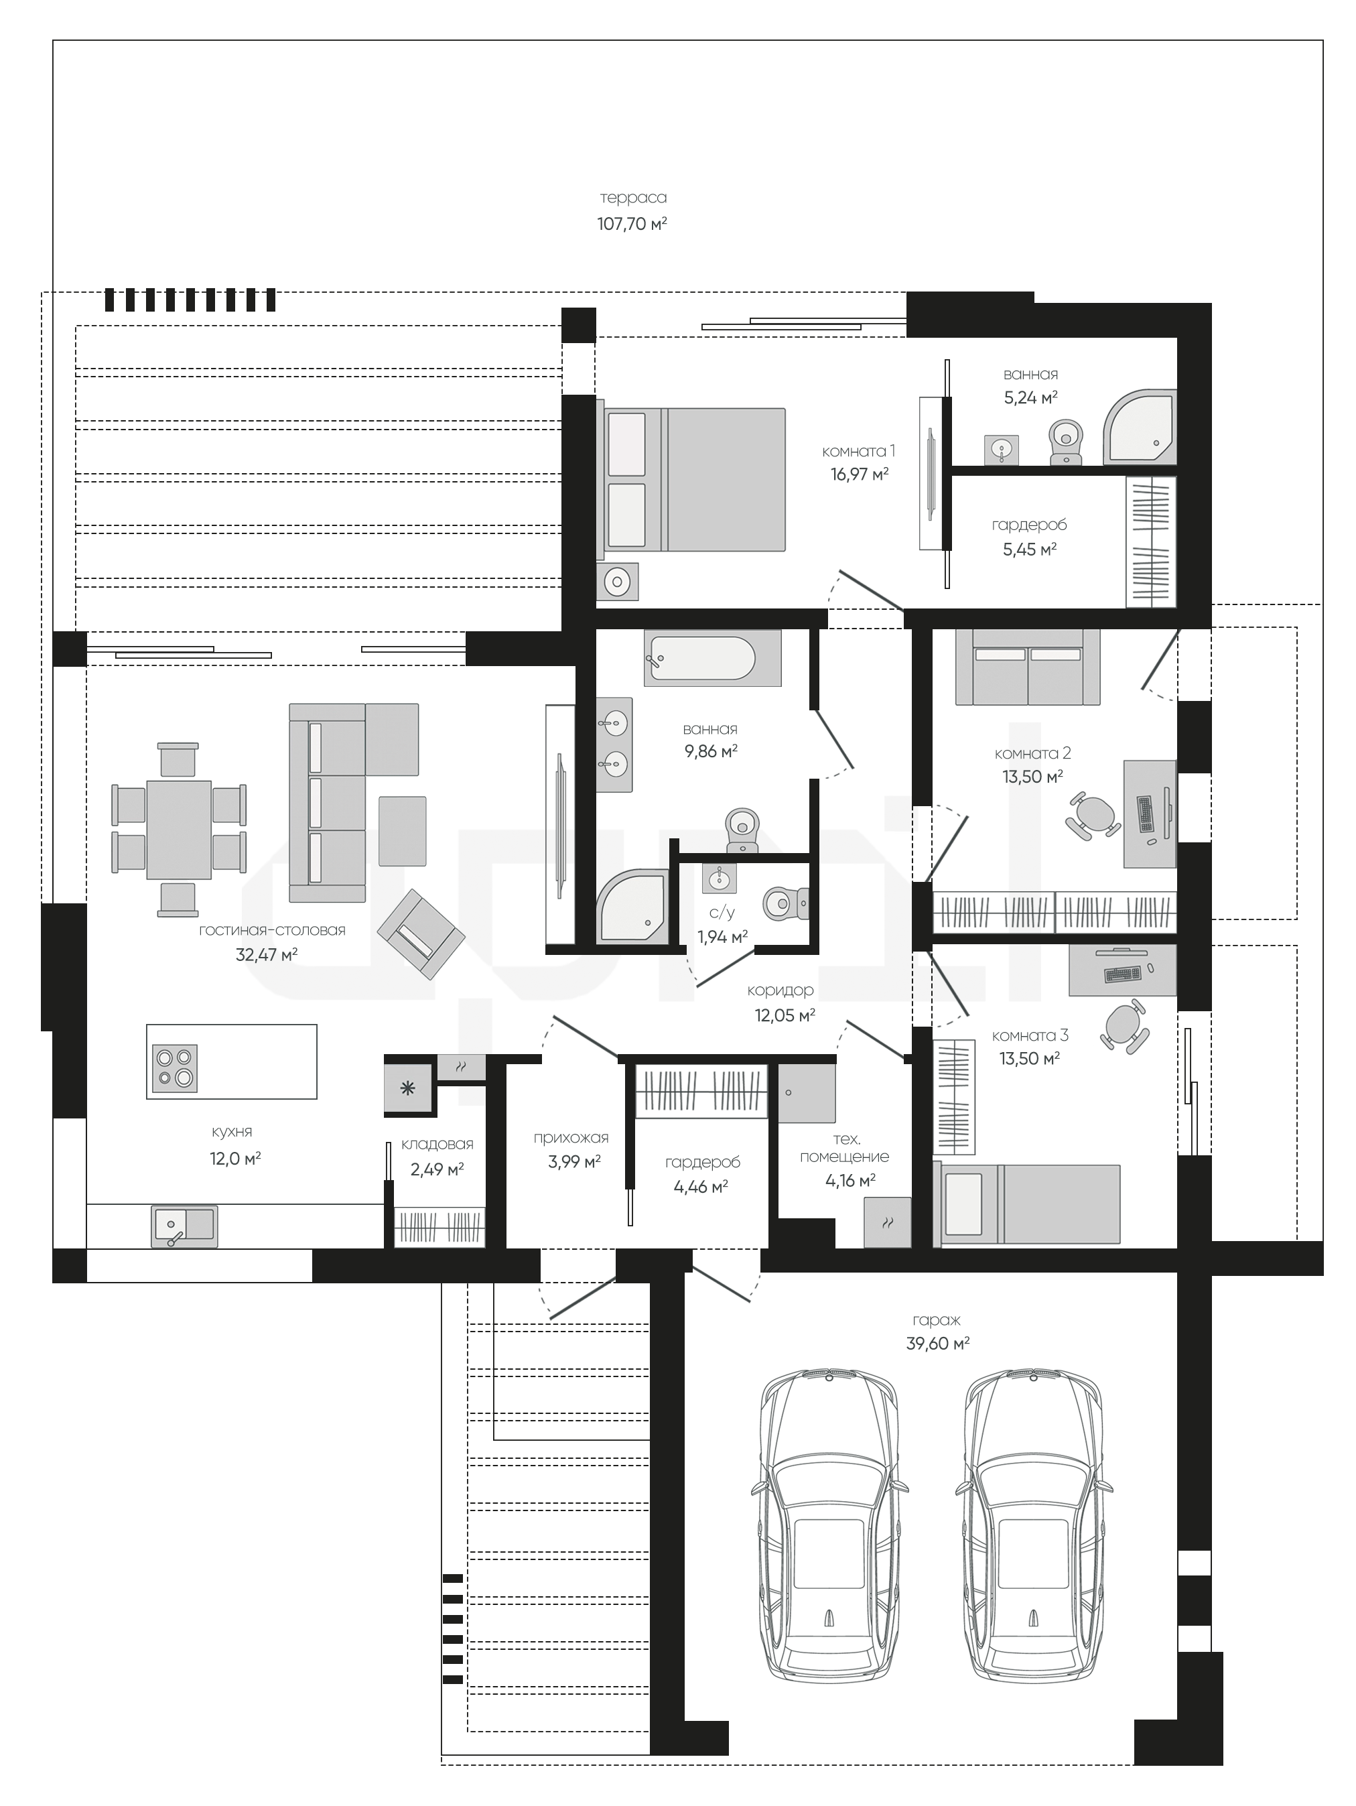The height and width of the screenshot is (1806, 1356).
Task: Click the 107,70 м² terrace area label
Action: click(x=632, y=223)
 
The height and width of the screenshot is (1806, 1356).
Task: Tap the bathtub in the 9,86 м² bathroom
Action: click(x=712, y=658)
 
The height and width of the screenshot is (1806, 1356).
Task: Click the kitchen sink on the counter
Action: click(x=184, y=1227)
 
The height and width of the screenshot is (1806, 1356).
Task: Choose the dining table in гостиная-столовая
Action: click(x=179, y=830)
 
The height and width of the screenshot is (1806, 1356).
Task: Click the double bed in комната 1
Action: click(x=695, y=479)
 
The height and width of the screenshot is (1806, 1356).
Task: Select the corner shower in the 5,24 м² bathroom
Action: click(x=1140, y=429)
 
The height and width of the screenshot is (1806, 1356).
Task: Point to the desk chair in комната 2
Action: click(x=1094, y=815)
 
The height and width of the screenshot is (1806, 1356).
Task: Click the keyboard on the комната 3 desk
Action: click(x=1122, y=974)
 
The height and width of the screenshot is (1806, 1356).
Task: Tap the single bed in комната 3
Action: click(x=1031, y=1205)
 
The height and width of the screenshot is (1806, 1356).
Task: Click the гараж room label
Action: click(x=937, y=1319)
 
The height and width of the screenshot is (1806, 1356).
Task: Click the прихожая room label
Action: click(x=571, y=1137)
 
